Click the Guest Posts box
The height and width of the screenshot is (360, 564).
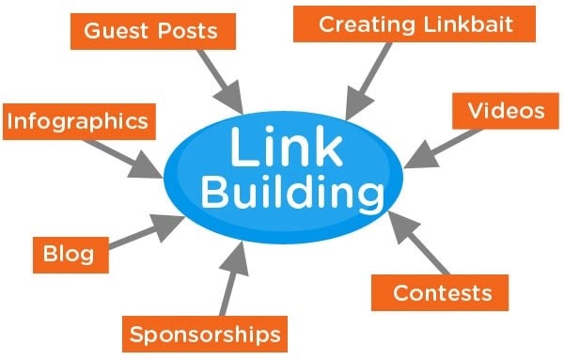[x=149, y=30]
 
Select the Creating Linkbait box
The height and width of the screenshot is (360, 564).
[x=415, y=23]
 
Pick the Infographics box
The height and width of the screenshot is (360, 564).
[x=77, y=120]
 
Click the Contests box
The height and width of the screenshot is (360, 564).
[x=441, y=292]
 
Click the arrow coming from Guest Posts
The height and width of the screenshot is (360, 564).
[x=222, y=80]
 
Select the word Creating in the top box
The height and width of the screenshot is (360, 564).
[x=363, y=23]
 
